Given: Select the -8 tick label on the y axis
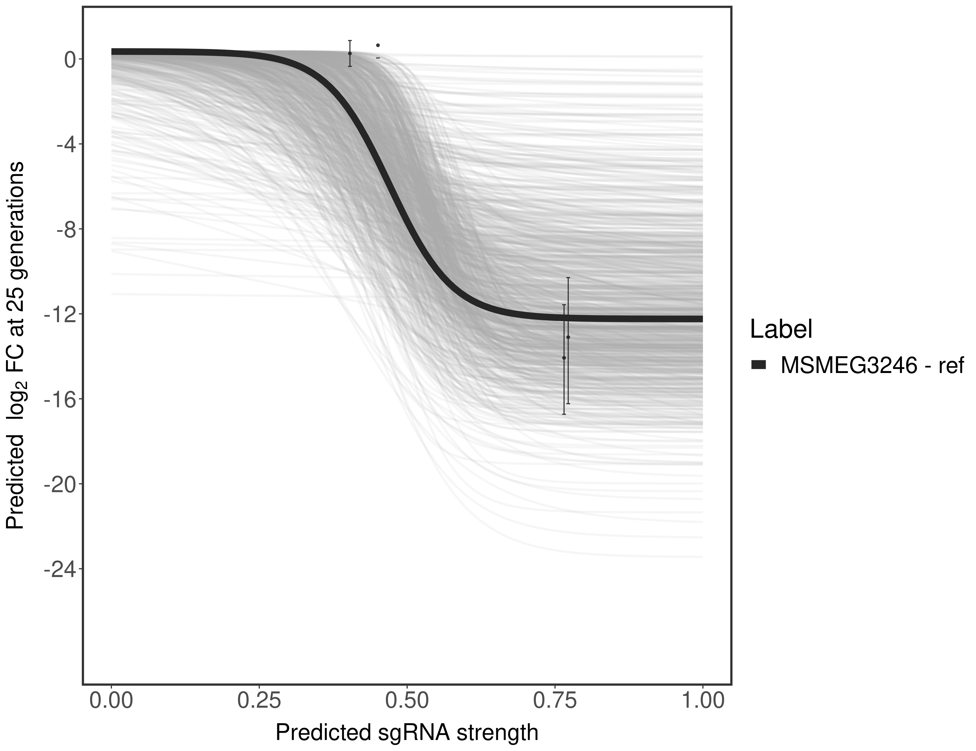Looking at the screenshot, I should point(64,230).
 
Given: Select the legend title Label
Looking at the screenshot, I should point(781,329).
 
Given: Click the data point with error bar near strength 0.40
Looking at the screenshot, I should point(350,53).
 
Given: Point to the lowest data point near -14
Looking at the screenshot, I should point(564,358).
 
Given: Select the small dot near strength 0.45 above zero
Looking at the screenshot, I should point(378,45).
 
